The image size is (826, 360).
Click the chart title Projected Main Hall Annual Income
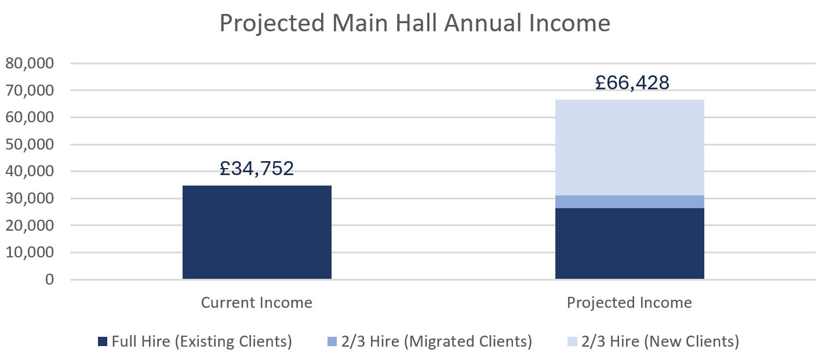pos(414,23)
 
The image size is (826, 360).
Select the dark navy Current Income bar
pos(257,232)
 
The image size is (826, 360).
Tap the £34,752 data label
pos(257,168)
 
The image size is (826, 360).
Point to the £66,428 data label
pos(632,82)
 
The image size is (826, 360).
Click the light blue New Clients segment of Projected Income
pos(629,148)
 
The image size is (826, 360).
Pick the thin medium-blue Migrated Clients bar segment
pos(629,202)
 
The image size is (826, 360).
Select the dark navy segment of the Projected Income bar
pos(629,243)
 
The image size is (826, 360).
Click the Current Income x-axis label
pos(256,303)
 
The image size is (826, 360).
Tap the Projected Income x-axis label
pos(629,303)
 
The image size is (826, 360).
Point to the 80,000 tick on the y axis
pos(29,63)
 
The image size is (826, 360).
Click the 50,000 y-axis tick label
pos(29,144)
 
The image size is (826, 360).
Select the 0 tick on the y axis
pos(49,279)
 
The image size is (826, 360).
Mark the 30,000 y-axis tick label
pos(29,198)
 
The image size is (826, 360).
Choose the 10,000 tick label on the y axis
pos(29,253)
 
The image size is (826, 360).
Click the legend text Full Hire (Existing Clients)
pos(202,341)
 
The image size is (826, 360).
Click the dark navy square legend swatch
pos(103,342)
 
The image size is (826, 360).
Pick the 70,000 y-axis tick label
pos(29,90)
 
